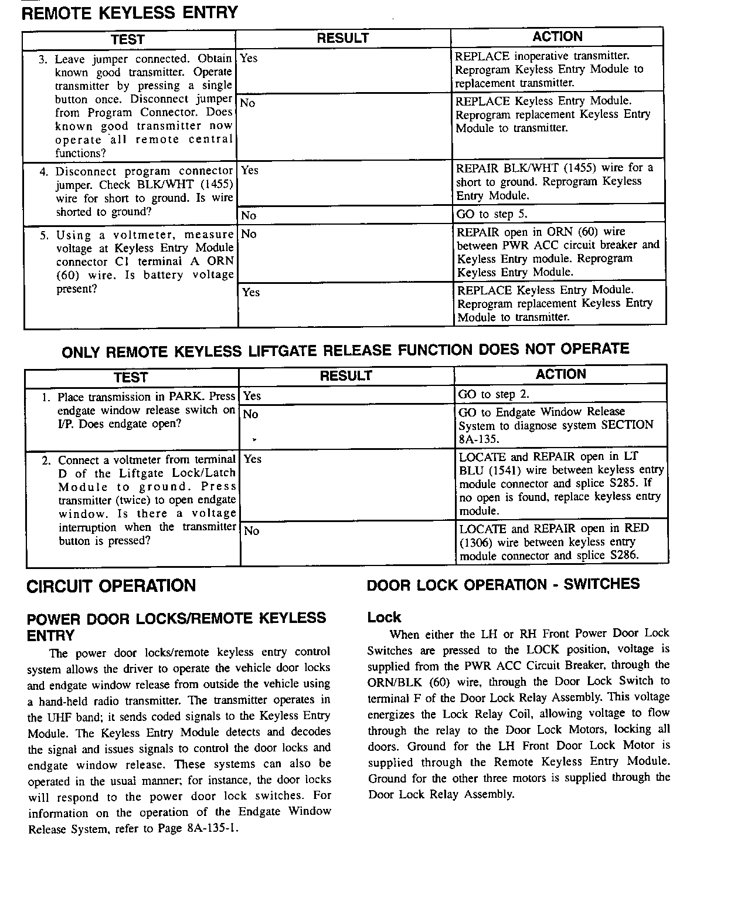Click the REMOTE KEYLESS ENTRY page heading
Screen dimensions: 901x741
tap(130, 13)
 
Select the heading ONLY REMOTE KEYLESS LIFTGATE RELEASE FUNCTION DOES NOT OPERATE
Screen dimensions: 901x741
tap(345, 351)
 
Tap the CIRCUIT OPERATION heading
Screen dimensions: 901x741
tap(111, 586)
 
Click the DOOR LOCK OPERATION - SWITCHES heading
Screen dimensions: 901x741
tap(503, 584)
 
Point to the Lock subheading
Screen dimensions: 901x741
tap(384, 617)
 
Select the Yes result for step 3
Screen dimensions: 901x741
tap(249, 58)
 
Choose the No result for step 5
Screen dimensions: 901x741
tap(249, 234)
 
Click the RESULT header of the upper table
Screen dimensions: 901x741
tap(343, 39)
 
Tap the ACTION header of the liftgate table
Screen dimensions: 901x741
tap(560, 374)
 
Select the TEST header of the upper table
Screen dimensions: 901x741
tap(128, 39)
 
